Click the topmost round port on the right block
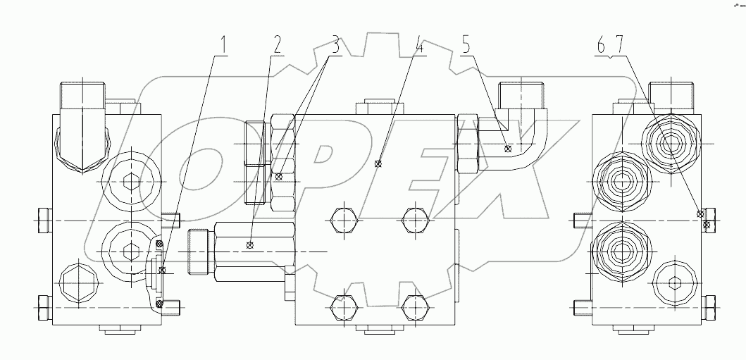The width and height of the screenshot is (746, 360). pos(669,144)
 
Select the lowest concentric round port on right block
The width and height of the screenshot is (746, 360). pos(621,252)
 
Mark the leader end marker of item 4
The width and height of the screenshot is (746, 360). pos(378,165)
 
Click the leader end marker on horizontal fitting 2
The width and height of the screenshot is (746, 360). pos(249,245)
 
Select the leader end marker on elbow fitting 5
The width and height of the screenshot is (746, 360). pos(508,149)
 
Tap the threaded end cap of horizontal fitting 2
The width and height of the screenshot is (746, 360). pos(199,252)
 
